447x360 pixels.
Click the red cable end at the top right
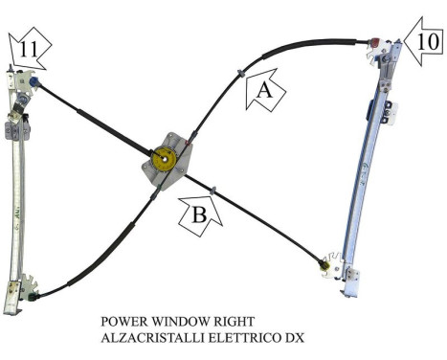click(374, 42)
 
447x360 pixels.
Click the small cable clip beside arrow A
click(239, 75)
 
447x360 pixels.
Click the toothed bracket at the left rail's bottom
click(28, 287)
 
